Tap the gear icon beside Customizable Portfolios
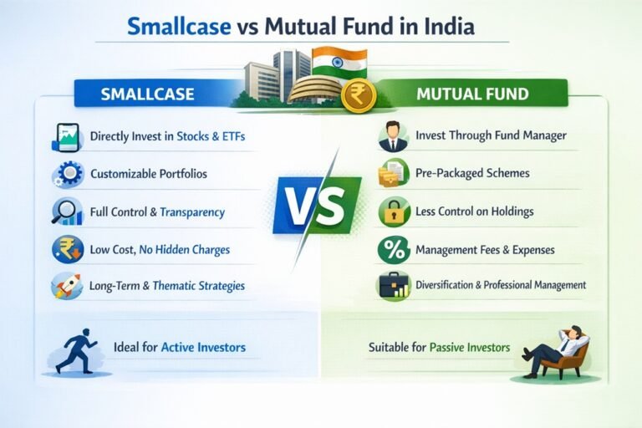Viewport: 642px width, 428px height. tap(67, 175)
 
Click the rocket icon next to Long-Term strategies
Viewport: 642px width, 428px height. tap(66, 286)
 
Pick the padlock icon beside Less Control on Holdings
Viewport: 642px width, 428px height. tap(392, 211)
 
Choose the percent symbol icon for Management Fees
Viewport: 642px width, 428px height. tap(392, 249)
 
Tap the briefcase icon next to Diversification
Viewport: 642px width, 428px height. tap(393, 286)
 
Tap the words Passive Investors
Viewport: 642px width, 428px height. tap(470, 346)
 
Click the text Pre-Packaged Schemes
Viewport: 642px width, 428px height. tap(471, 174)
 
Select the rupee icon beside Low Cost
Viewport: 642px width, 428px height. tap(66, 249)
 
